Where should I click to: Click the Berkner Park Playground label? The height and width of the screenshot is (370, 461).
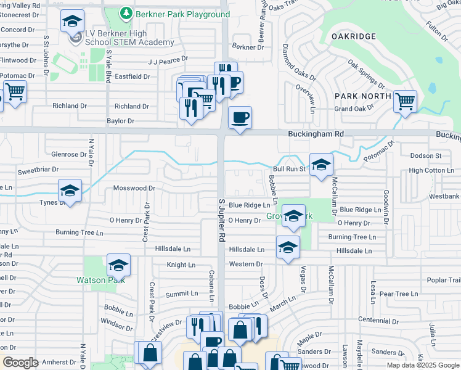[x=182, y=14]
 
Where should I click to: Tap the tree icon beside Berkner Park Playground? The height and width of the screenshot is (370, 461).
[x=126, y=13]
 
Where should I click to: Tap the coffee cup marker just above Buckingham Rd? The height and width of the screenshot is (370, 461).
[x=240, y=117]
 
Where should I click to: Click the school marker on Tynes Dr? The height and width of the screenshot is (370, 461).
[x=70, y=191]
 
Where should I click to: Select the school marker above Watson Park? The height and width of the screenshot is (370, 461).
[x=118, y=265]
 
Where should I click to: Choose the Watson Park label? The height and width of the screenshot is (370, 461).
[x=100, y=279]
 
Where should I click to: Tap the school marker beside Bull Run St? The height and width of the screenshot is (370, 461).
[x=321, y=165]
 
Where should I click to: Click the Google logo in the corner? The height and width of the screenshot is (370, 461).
[x=20, y=363]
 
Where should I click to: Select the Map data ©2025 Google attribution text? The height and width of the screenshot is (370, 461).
[x=422, y=365]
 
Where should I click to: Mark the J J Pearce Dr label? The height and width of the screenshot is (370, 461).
[x=167, y=61]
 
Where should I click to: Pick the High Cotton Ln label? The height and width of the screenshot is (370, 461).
[x=431, y=170]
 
